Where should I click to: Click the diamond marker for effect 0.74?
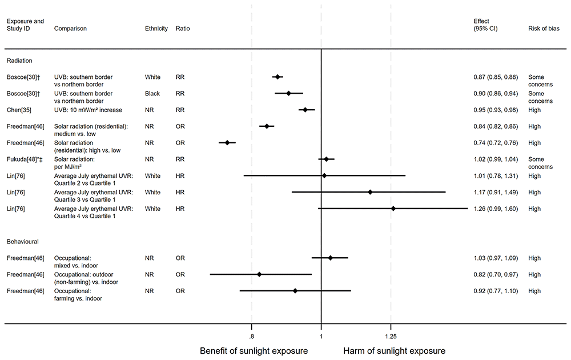point(227,143)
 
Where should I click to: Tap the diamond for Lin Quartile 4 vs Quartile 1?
point(393,209)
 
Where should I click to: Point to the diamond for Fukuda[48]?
point(326,159)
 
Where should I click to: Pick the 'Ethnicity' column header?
point(156,28)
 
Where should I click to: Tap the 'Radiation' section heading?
point(19,59)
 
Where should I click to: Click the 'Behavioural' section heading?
point(22,242)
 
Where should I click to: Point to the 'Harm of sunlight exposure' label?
point(394,350)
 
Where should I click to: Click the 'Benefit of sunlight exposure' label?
point(254,350)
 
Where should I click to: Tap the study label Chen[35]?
point(19,110)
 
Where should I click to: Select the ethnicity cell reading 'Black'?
point(152,93)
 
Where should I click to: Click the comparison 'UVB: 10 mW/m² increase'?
point(88,110)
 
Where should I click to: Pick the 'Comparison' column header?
point(70,28)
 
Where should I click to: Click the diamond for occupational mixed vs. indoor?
point(330,258)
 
